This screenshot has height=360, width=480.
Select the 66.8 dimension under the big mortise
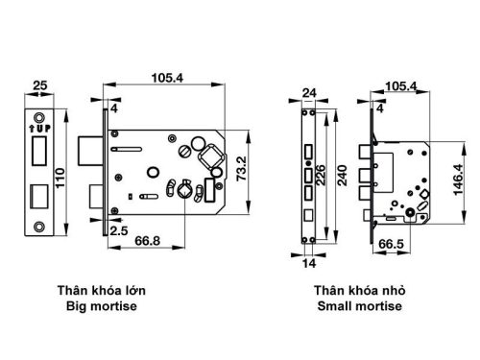(x=147, y=238)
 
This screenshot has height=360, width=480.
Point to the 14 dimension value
(x=309, y=261)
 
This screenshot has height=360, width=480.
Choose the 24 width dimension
(x=309, y=93)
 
